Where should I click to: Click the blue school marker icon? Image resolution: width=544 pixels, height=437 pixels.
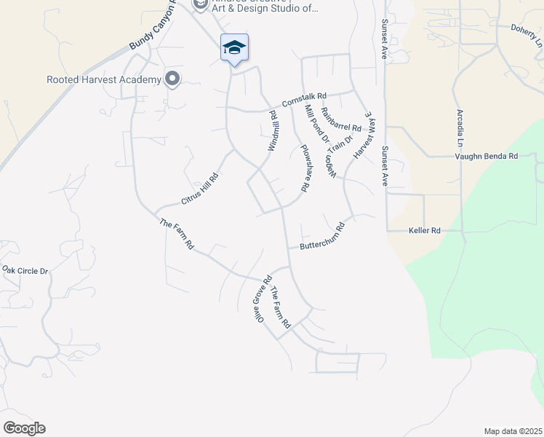point(234,48)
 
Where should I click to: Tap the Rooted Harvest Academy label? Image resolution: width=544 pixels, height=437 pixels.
point(103,79)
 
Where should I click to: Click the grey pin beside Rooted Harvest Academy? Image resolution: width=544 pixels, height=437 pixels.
point(172,79)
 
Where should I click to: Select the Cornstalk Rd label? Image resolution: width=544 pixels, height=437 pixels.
point(305,98)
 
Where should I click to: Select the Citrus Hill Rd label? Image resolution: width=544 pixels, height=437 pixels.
point(199,189)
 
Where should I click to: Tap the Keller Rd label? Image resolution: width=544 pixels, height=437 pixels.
point(425,231)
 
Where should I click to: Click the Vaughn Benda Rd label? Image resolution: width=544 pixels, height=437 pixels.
point(486,156)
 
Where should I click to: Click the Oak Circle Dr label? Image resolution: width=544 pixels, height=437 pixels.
point(25,270)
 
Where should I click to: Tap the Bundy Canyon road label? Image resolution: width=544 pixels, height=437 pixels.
point(153,26)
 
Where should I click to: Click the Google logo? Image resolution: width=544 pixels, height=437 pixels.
point(24,428)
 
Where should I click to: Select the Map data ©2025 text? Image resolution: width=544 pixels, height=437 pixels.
point(512,430)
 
